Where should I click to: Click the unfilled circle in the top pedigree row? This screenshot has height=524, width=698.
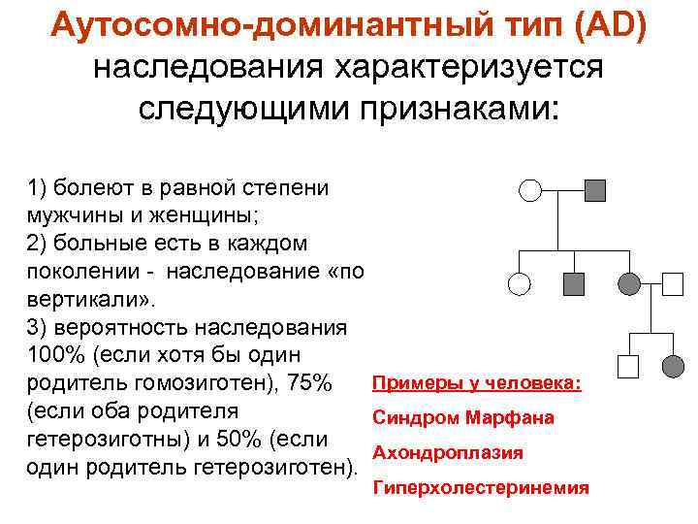[529, 189]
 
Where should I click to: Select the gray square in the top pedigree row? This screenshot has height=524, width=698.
[595, 189]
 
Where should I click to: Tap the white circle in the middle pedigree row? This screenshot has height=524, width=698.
[520, 283]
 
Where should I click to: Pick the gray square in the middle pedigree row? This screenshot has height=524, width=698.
[573, 283]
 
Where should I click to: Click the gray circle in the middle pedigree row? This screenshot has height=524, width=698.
[629, 283]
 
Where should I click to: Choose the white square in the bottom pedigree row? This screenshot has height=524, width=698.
[628, 366]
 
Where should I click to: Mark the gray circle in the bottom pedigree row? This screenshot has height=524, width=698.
[673, 366]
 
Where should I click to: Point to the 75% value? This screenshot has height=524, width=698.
[309, 381]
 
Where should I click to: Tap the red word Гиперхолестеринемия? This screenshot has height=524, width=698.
[481, 488]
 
